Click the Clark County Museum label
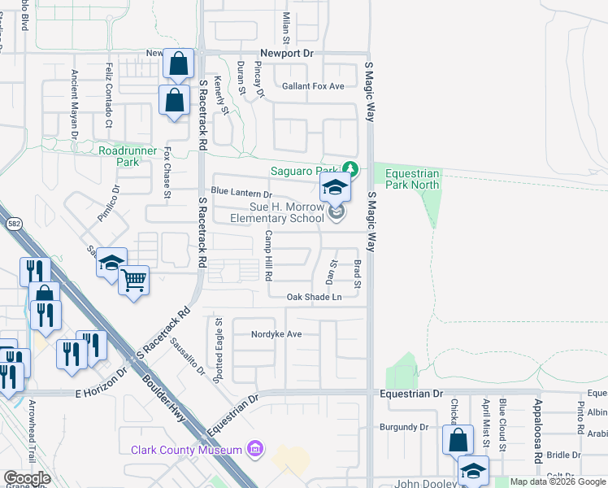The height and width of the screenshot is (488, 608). [x=186, y=450]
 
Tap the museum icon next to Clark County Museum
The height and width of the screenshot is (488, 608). [x=255, y=449]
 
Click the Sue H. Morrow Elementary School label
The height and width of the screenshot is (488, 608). [x=276, y=213]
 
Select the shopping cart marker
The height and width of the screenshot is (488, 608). [x=134, y=281]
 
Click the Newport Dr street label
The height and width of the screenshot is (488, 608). [x=286, y=54]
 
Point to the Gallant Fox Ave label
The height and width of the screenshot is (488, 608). [x=313, y=86]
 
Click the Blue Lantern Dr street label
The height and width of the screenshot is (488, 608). [x=241, y=194]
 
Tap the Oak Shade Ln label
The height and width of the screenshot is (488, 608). [x=314, y=298]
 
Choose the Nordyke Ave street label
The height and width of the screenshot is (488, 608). [x=276, y=334]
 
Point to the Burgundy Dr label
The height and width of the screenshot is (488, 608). [x=403, y=427]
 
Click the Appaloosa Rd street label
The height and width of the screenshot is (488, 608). [x=537, y=432]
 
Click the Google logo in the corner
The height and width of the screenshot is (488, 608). [x=27, y=478]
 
